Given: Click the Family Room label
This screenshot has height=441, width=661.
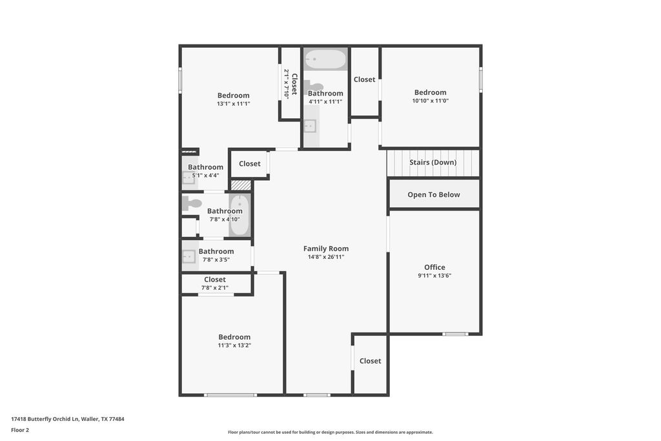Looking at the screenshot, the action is (x=326, y=249).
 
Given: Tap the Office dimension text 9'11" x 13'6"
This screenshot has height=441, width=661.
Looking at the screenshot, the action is (x=434, y=276).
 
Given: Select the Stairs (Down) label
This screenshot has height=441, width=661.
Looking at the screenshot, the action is (x=433, y=162).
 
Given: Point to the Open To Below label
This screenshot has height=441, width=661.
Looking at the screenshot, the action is (x=434, y=195).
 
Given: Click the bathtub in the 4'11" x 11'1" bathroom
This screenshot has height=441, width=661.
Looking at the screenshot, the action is (x=325, y=59).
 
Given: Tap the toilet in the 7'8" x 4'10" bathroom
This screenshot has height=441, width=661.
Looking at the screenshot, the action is (x=192, y=203).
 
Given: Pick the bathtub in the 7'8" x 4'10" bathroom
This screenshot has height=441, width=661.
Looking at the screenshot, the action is (x=239, y=215).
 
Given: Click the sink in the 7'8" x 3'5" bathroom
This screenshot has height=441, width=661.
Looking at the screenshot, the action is (x=188, y=256).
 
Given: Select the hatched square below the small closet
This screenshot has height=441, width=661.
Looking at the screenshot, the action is (x=241, y=185).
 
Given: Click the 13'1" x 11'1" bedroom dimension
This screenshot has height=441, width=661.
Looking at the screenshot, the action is (x=234, y=104).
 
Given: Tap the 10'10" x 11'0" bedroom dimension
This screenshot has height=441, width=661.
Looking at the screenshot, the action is (x=431, y=101).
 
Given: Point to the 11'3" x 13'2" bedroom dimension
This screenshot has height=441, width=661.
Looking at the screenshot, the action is (x=234, y=345).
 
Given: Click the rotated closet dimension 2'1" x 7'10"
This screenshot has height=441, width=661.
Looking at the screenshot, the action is (x=287, y=84).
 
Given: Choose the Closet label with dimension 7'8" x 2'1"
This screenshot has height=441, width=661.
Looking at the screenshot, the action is (x=215, y=280).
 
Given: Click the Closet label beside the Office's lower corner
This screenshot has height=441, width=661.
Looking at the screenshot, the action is (x=370, y=361).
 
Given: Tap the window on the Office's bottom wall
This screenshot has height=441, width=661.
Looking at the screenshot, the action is (x=455, y=334).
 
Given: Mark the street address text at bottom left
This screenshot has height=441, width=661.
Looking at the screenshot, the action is (x=67, y=419).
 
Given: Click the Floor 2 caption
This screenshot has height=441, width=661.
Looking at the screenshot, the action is (x=20, y=430).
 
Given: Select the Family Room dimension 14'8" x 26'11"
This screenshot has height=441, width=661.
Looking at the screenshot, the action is (x=326, y=257).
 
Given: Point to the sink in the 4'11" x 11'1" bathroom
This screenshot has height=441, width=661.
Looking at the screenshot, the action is (x=310, y=126).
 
